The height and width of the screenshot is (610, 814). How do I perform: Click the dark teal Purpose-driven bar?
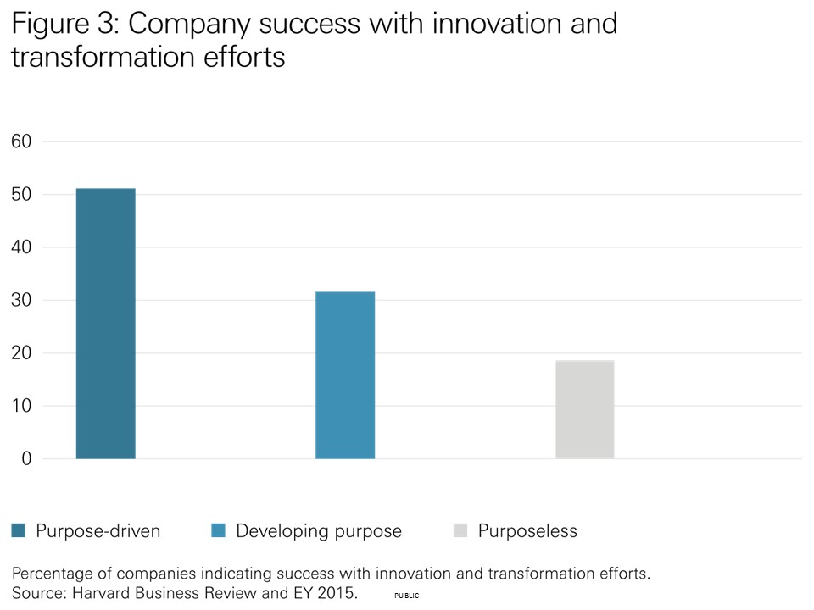point(105,324)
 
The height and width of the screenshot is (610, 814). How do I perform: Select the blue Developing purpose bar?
point(345,375)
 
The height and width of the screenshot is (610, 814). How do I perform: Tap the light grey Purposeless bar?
point(584,409)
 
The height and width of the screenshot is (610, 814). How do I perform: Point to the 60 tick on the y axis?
point(21,141)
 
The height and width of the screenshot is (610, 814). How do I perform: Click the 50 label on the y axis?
point(21,194)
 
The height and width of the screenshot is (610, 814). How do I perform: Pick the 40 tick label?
point(21,247)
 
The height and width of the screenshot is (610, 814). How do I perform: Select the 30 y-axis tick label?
point(21,300)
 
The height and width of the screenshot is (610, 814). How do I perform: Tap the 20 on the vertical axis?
point(21,353)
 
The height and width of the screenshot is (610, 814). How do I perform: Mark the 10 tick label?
point(21,406)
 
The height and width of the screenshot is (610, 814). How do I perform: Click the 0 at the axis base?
point(26,459)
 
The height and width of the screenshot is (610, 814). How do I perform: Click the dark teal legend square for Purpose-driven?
point(18,531)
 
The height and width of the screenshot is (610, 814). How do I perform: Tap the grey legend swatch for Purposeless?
point(460,531)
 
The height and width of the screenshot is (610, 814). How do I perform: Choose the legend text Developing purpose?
point(319,531)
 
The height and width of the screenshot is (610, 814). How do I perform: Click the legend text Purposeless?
point(527,531)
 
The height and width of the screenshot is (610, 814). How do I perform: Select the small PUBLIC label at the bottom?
point(407,596)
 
